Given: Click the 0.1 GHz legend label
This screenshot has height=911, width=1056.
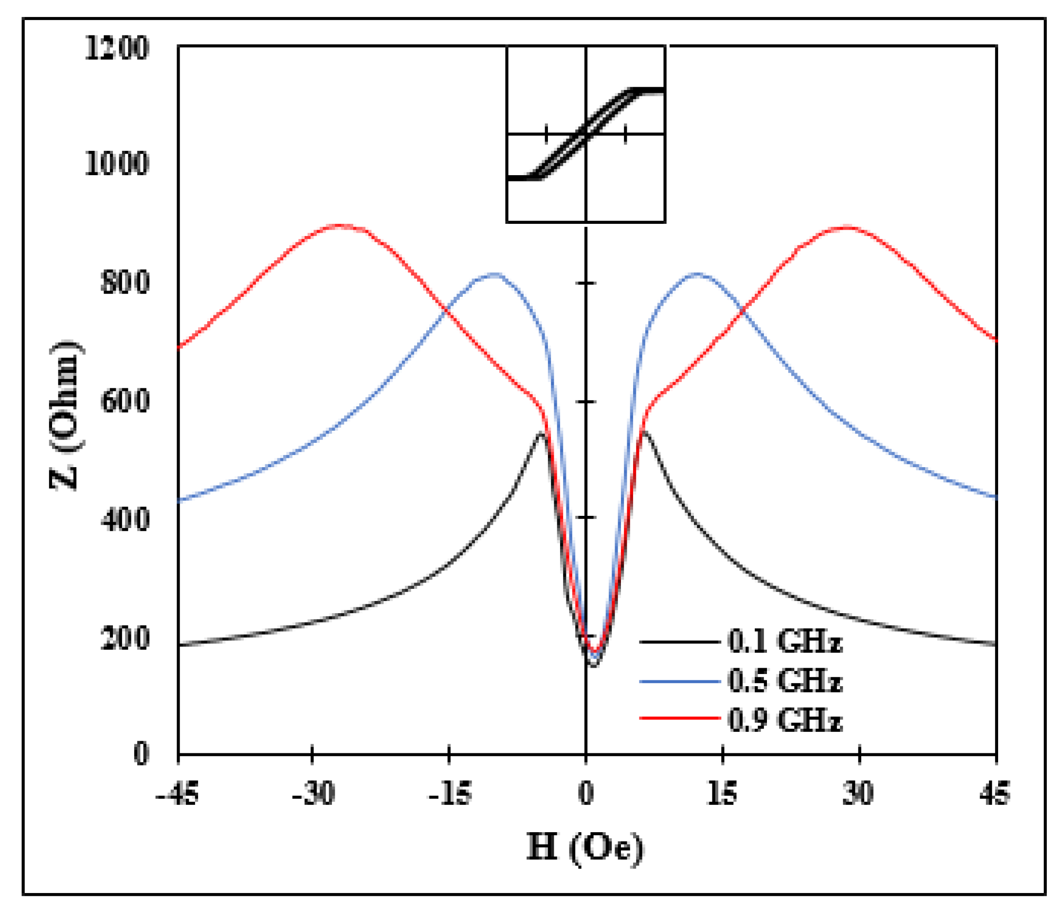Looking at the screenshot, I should coord(785,641).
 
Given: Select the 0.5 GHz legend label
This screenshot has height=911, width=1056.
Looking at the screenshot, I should coord(785,681).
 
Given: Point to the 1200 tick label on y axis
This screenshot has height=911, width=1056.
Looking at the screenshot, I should coord(117,49).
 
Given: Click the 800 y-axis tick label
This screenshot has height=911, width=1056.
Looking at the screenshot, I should coord(126,282).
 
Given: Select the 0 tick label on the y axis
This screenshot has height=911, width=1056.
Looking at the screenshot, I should coord(141,753).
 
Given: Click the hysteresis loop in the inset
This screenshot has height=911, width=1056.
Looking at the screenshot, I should coord(586,133).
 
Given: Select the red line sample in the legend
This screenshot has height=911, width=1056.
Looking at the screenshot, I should coord(679,718).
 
